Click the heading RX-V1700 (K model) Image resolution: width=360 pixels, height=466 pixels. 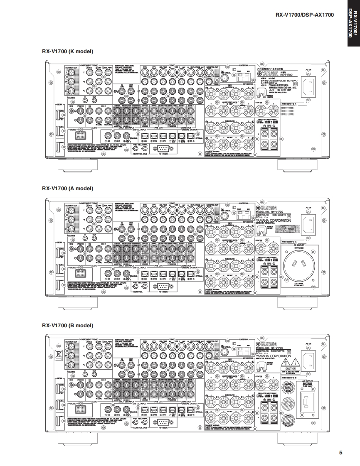(x=67, y=52)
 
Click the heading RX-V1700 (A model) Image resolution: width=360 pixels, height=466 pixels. (x=67, y=188)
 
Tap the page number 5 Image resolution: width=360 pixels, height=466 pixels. (x=341, y=452)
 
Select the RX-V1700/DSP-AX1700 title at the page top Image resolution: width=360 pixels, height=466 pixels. (x=305, y=15)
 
